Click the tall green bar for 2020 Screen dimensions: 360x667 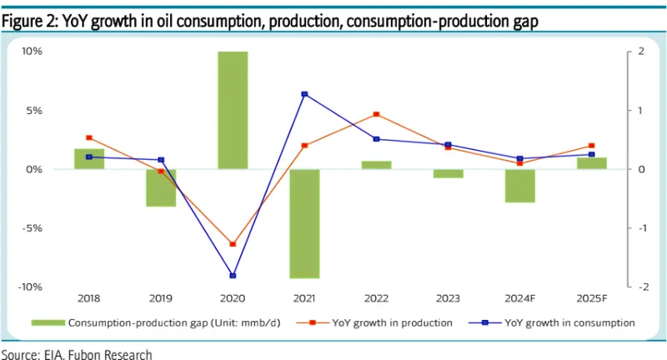click(233, 110)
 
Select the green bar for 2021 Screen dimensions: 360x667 click(304, 223)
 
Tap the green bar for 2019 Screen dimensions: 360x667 click(161, 187)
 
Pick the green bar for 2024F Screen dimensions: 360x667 click(519, 185)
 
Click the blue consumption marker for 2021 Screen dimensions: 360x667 click(304, 94)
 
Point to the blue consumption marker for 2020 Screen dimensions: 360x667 click(233, 275)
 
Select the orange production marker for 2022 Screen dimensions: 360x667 click(376, 114)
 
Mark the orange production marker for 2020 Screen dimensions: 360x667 click(233, 244)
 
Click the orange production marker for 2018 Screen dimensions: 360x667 click(89, 137)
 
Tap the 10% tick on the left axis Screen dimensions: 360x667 click(32, 52)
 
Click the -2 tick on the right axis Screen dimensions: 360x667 click(640, 287)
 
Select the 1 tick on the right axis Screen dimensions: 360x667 click(640, 110)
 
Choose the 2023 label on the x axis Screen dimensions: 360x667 click(448, 297)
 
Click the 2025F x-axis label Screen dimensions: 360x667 click(591, 297)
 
